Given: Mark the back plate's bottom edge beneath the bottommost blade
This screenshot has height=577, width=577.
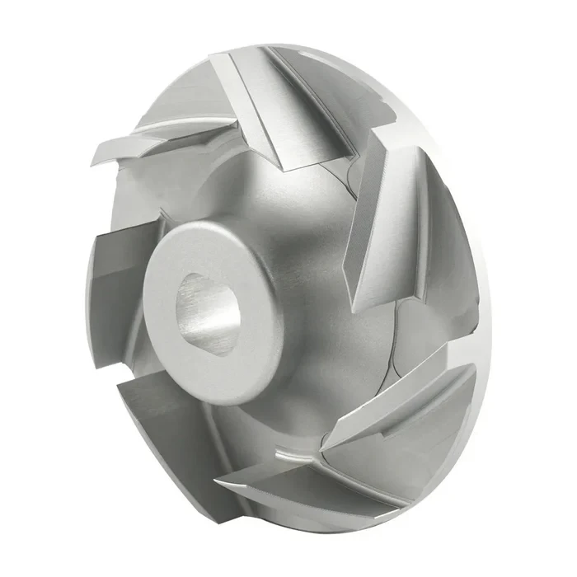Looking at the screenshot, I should click(330, 524).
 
